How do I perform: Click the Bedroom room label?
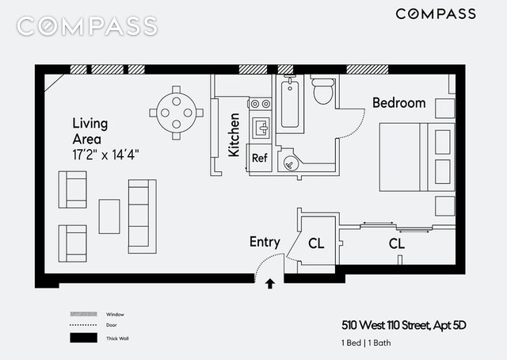[x=398, y=103]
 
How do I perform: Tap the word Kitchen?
[x=234, y=134]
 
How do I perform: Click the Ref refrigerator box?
[x=260, y=157]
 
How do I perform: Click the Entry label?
[x=265, y=242]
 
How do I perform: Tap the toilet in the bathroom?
[x=322, y=92]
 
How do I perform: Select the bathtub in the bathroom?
[x=289, y=102]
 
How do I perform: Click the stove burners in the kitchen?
[x=259, y=104]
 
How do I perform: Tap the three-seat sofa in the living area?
[x=143, y=215]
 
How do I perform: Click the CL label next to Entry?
[x=316, y=243]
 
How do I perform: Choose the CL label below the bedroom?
[x=396, y=243]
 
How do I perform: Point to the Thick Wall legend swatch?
[x=82, y=338]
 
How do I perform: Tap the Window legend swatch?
[x=82, y=315]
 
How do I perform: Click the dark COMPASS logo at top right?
[x=435, y=13]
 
